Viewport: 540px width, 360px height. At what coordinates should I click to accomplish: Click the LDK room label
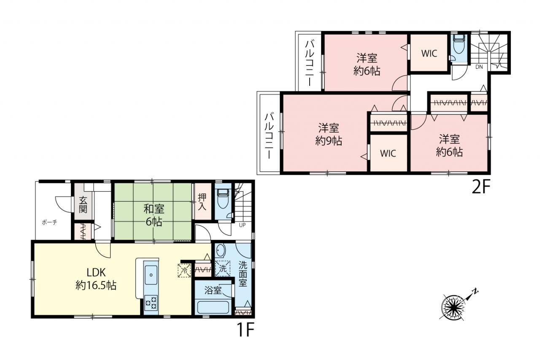[96, 273]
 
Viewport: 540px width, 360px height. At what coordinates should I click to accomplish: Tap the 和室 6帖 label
[154, 215]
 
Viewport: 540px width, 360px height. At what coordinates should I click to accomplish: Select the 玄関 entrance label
[83, 205]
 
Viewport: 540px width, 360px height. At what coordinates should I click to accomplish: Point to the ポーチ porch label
[49, 222]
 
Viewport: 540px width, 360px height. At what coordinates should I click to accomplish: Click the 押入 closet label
[202, 202]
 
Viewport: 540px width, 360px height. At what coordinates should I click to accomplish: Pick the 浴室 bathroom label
[213, 290]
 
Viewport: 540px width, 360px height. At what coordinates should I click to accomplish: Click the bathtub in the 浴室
[213, 307]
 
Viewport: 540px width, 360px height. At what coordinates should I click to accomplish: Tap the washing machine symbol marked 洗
[222, 268]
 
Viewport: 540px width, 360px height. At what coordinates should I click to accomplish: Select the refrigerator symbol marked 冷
[184, 270]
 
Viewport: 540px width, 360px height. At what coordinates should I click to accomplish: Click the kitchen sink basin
[151, 275]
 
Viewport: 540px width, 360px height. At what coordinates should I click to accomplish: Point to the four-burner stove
[151, 303]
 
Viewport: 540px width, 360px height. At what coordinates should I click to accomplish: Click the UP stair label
[242, 225]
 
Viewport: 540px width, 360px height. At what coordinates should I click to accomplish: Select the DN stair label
[479, 67]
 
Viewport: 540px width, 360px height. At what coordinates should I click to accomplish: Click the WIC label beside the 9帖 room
[388, 153]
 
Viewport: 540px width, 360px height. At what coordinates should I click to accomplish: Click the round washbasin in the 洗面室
[220, 251]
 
